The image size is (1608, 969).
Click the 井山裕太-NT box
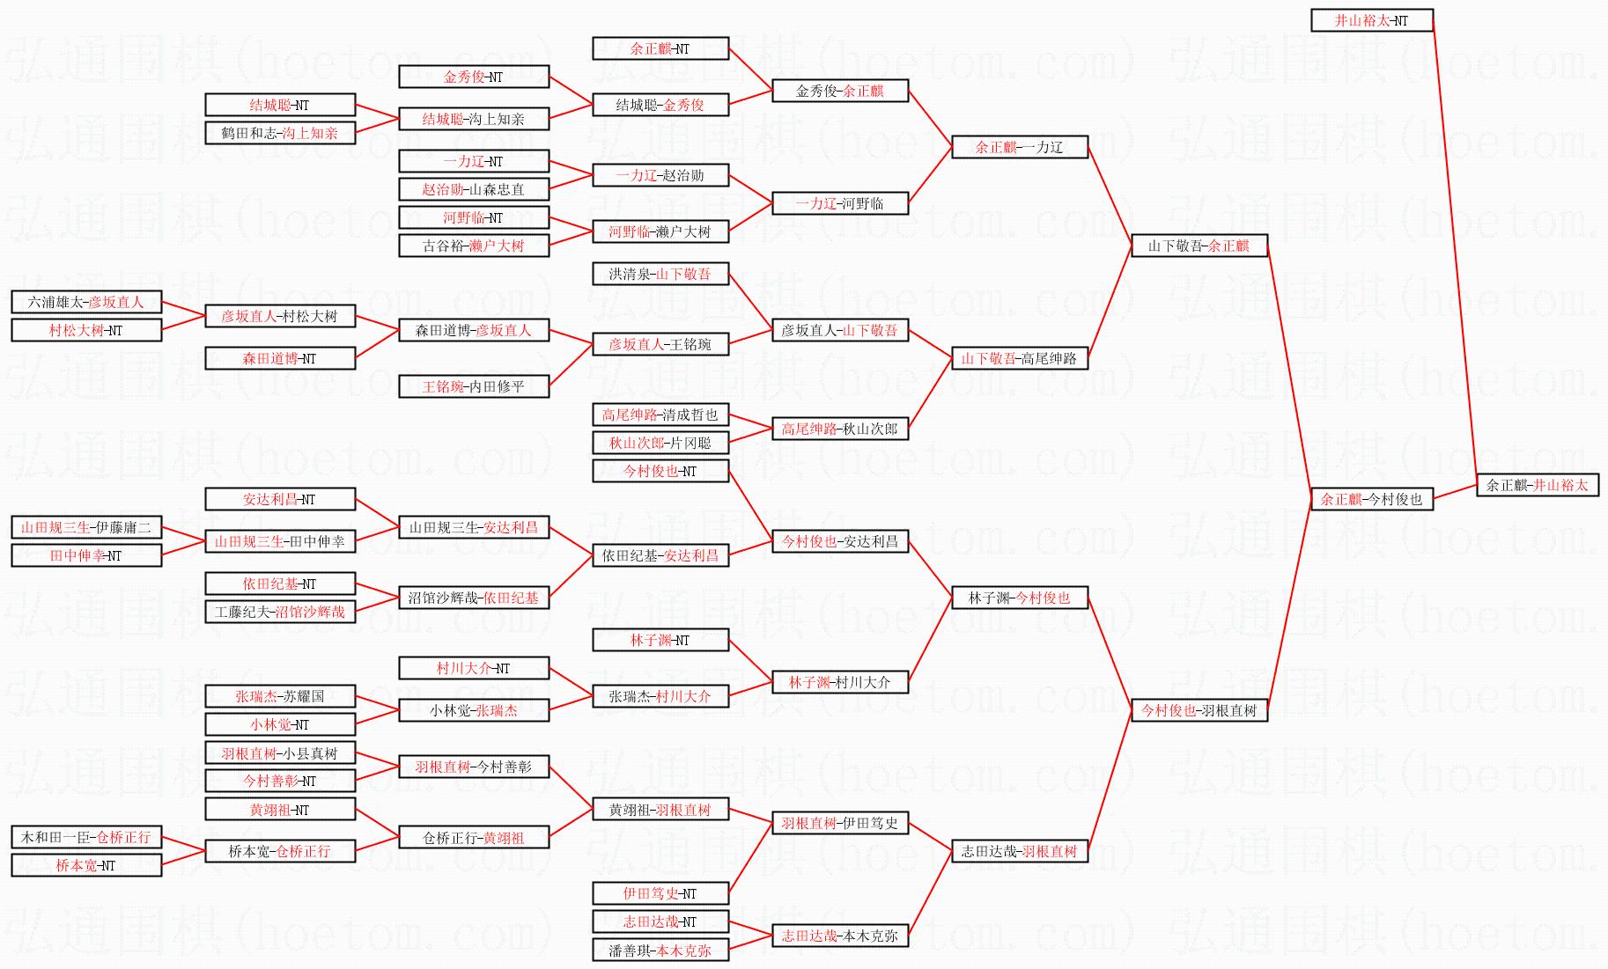pyautogui.click(x=1372, y=20)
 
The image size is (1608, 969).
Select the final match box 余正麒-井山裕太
pyautogui.click(x=1538, y=485)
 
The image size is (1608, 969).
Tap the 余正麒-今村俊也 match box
pyautogui.click(x=1372, y=499)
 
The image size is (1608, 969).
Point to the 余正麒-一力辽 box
pyautogui.click(x=1020, y=147)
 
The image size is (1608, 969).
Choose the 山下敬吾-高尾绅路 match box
pyautogui.click(x=1020, y=358)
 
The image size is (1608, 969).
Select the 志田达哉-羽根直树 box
pyautogui.click(x=1020, y=851)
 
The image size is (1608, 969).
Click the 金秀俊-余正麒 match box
pyautogui.click(x=840, y=91)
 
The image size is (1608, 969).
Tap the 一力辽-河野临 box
pyautogui.click(x=840, y=203)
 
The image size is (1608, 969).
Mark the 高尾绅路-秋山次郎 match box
pyautogui.click(x=840, y=429)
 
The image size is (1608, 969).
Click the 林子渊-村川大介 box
pyautogui.click(x=840, y=682)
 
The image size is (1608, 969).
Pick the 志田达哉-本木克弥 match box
pyautogui.click(x=840, y=936)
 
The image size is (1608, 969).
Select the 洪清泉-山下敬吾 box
pyautogui.click(x=660, y=274)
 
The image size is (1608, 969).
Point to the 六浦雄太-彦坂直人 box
pyautogui.click(x=86, y=302)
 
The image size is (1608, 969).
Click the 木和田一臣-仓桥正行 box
pyautogui.click(x=86, y=837)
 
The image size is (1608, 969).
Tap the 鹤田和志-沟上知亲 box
pyautogui.click(x=280, y=133)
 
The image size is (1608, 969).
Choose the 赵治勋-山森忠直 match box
pyautogui.click(x=474, y=189)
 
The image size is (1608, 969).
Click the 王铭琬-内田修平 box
pyautogui.click(x=474, y=386)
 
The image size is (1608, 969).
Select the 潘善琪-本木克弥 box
pyautogui.click(x=660, y=951)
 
